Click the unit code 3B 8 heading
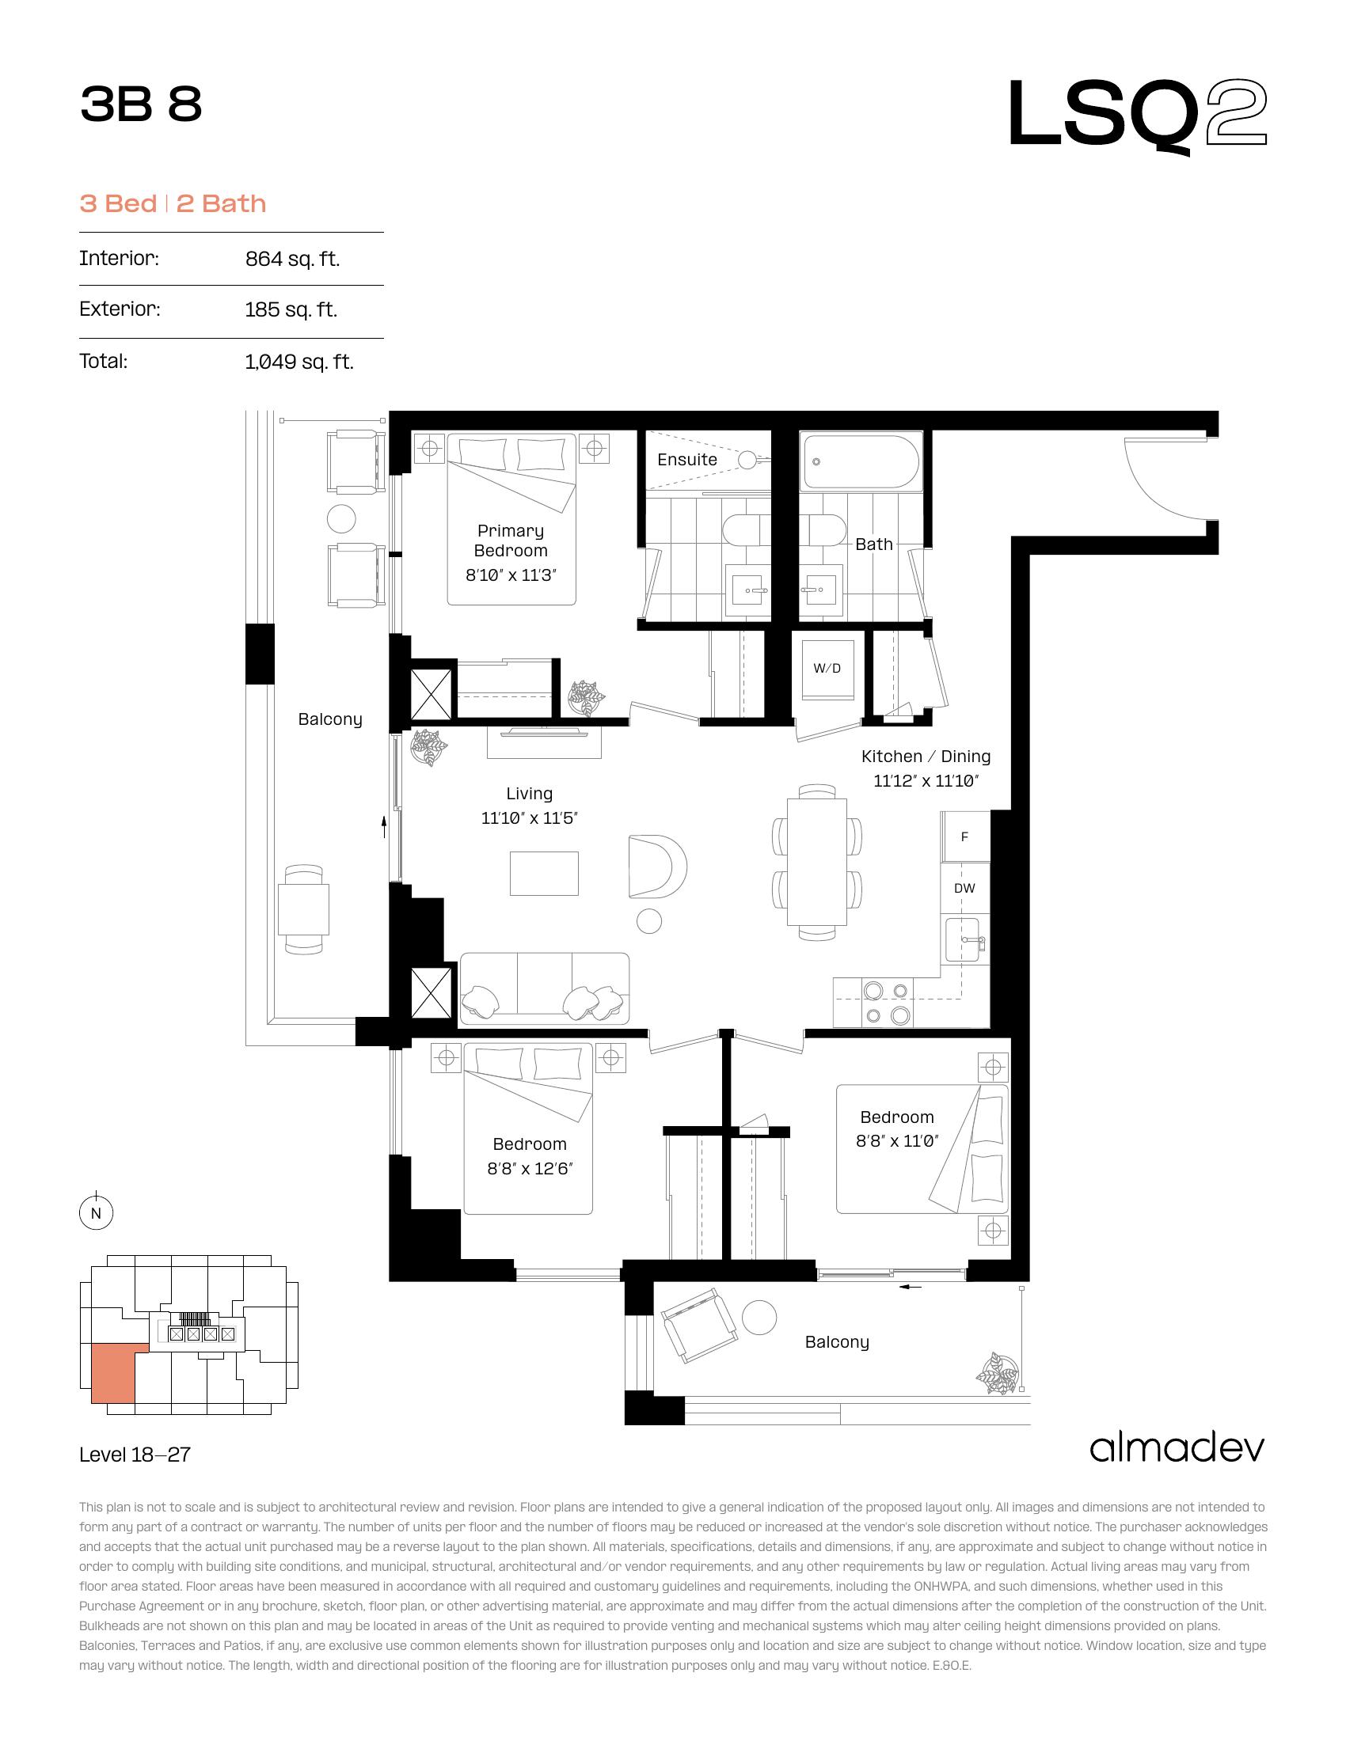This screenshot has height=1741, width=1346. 141,104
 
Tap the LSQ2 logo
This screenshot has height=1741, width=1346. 1138,116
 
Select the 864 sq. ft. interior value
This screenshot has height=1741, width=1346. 293,259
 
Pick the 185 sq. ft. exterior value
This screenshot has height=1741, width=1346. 291,309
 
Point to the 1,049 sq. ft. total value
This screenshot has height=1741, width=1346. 299,362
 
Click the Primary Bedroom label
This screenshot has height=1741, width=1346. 511,541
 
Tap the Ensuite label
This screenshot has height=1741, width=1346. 687,459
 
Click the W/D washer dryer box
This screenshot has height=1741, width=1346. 827,669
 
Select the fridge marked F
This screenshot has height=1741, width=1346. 965,836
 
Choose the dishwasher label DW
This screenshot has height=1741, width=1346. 964,888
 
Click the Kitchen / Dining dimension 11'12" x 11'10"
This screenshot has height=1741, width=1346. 926,781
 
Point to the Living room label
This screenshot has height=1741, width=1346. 530,793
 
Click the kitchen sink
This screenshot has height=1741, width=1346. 964,943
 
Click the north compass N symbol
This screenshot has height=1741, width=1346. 96,1214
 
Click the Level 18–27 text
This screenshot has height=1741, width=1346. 135,1455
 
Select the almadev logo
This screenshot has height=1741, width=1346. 1177,1447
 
